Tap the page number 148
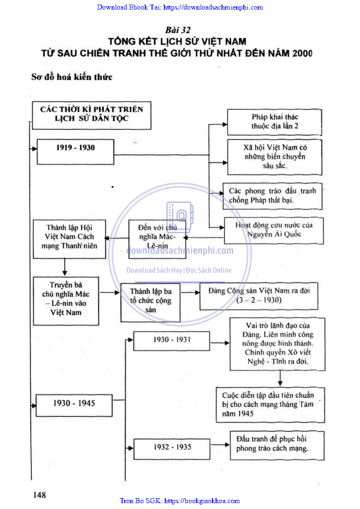pos(39,494)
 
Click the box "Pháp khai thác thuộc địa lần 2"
pos(275,122)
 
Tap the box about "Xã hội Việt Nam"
pos(275,157)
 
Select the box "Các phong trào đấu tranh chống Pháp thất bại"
pos(272,196)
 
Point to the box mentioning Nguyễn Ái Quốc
pos(274,230)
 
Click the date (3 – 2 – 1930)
pos(258,301)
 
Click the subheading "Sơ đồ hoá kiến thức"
pos(72,77)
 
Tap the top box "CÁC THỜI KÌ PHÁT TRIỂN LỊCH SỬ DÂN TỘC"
pos(91,114)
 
